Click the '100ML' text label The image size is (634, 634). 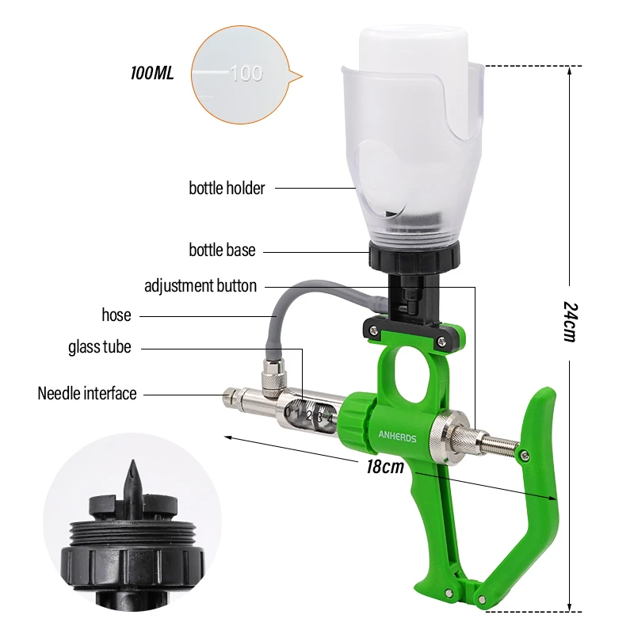[152, 73]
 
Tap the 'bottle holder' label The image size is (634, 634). [227, 188]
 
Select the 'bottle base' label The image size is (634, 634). [222, 250]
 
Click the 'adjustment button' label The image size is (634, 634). [201, 285]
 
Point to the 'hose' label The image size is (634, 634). [116, 315]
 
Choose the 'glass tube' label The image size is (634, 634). [100, 347]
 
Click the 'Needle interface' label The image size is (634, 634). [87, 393]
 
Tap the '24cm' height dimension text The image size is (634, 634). [571, 322]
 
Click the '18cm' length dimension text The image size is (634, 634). [385, 467]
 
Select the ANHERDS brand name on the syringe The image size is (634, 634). [397, 437]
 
